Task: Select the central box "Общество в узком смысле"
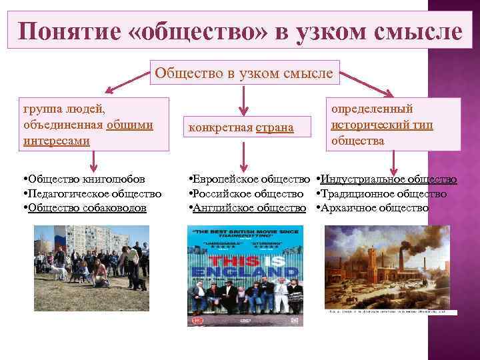[244, 73]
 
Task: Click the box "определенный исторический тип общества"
[393, 125]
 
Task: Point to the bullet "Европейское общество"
[250, 179]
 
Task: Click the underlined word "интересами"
[56, 141]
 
